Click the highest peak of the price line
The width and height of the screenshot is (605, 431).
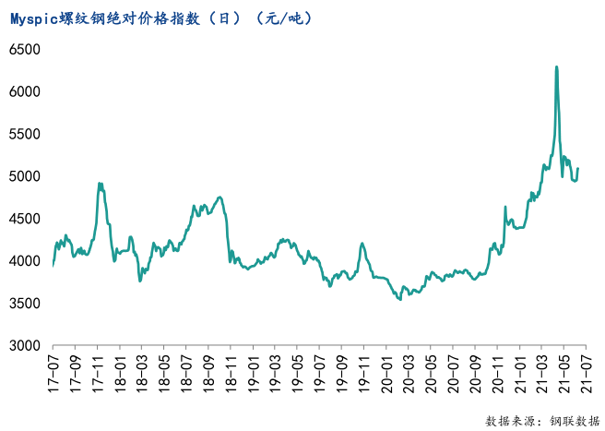click(x=556, y=66)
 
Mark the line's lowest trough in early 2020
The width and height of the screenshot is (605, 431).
click(x=399, y=299)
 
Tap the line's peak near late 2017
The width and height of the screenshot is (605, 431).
click(x=100, y=184)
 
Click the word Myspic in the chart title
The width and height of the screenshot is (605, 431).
click(x=34, y=18)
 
